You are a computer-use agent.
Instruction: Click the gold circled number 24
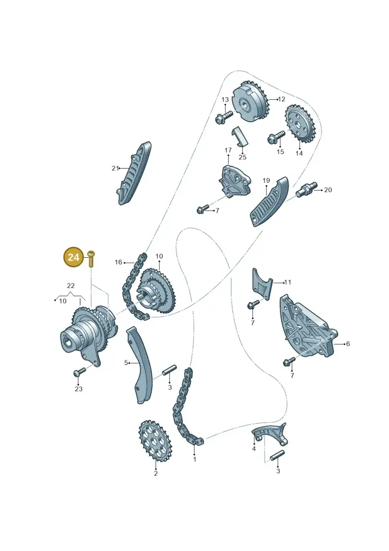pos(73,257)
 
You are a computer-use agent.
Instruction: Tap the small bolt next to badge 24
pos(91,259)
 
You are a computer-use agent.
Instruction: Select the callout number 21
pos(115,169)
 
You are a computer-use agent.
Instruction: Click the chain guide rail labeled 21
pos(134,173)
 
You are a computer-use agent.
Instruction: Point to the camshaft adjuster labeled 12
pos(251,104)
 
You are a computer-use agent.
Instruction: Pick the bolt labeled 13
pos(224,117)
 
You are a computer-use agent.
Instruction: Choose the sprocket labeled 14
pos(301,124)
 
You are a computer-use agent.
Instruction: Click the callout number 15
pos(280,152)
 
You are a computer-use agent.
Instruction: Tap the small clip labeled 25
pos(240,135)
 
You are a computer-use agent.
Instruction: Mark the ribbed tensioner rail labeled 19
pos(269,202)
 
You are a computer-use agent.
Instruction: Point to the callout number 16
pos(118,262)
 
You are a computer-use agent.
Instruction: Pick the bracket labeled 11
pos(263,284)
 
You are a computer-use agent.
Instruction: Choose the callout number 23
pos(79,389)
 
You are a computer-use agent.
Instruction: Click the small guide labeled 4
pos(269,433)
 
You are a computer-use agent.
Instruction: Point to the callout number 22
pos(71,285)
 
